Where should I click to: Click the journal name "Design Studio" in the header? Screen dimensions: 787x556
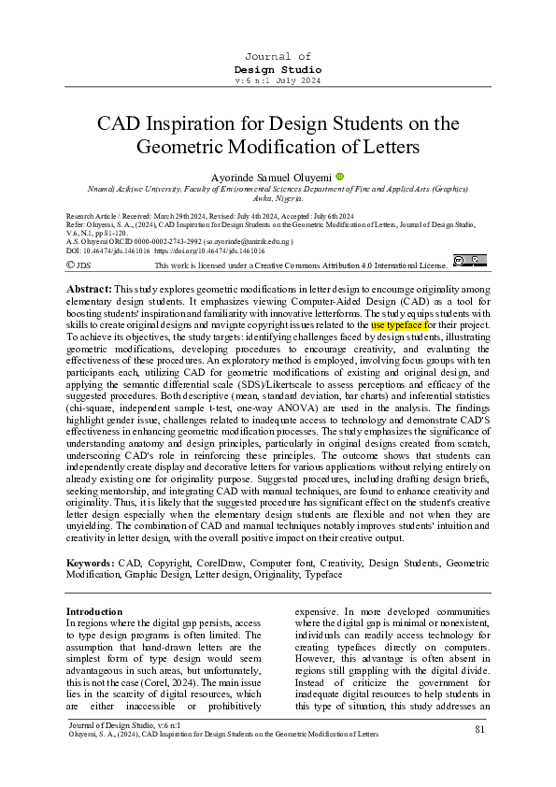278,70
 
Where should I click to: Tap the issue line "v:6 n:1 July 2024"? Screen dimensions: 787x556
278,81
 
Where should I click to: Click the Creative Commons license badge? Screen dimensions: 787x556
469,261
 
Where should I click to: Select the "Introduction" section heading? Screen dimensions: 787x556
94,611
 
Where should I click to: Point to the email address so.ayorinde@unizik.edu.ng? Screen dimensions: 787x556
245,239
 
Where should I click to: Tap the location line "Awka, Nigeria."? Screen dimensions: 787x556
278,198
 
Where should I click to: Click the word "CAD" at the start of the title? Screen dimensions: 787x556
119,123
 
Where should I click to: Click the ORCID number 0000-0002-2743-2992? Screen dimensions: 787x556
164,239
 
